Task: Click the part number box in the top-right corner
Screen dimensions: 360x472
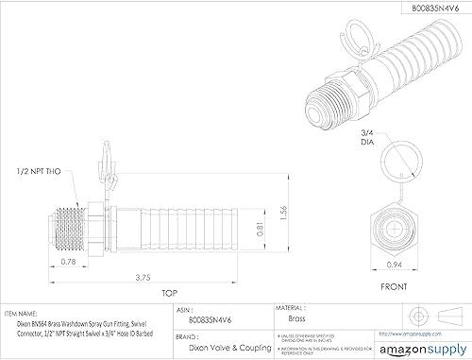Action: pos(412,9)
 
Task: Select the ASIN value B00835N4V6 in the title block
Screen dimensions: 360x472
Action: pos(216,319)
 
